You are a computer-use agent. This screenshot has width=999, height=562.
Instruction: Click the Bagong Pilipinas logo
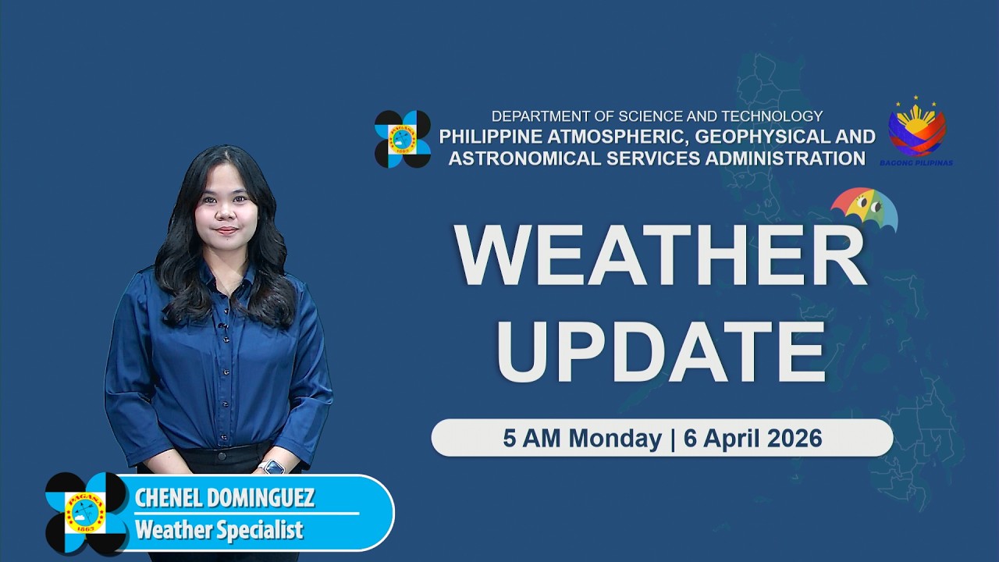pyautogui.click(x=917, y=130)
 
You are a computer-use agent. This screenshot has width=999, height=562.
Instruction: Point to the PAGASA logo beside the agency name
pyautogui.click(x=403, y=139)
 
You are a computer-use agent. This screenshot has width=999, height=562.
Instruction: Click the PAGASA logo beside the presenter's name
pyautogui.click(x=86, y=512)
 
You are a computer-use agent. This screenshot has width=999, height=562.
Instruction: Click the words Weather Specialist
pyautogui.click(x=219, y=531)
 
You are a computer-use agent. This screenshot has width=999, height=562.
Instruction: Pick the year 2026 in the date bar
pyautogui.click(x=795, y=439)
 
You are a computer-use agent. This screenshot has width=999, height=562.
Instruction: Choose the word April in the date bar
pyautogui.click(x=731, y=439)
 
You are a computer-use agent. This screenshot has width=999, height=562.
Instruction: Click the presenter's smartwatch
pyautogui.click(x=272, y=468)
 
